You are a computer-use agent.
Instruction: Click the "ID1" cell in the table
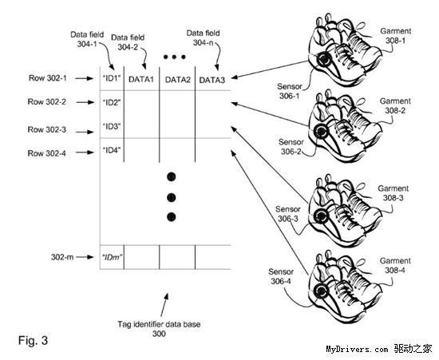coord(112,79)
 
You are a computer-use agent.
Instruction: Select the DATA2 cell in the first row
coord(177,80)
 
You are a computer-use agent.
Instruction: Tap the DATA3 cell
coord(212,80)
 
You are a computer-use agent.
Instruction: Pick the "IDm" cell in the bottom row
coord(112,257)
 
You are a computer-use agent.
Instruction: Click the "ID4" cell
coord(112,151)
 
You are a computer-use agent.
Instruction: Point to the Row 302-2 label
coord(47,101)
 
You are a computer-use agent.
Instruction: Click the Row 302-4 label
coord(47,153)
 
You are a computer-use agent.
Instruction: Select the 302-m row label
coord(62,257)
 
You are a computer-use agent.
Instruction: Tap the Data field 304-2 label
coord(128,42)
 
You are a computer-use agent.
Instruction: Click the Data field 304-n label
coord(204,38)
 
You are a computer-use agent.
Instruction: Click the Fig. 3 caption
coord(33,340)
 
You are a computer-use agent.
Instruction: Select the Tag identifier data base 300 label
coord(159,329)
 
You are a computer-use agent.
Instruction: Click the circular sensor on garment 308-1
coord(323,59)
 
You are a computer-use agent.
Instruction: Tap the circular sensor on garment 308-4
coord(320,291)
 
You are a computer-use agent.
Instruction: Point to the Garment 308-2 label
coord(395,106)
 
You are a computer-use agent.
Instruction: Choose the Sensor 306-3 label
coord(288,214)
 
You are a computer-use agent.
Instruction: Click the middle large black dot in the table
coord(172,198)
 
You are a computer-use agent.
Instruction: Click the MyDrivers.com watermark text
coord(357,349)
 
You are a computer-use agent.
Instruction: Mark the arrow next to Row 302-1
coord(85,78)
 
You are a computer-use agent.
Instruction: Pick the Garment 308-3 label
coord(394,193)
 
